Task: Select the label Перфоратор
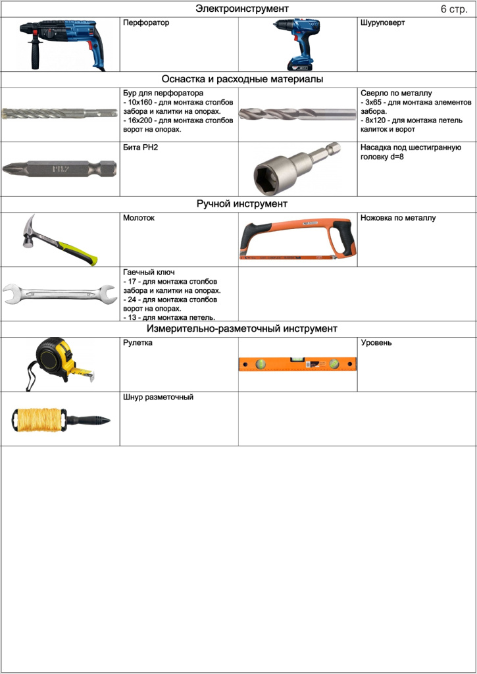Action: [x=146, y=23]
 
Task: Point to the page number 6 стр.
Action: [x=453, y=10]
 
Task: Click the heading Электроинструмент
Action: [x=242, y=9]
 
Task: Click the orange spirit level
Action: [x=297, y=364]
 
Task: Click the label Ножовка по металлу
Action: [x=398, y=218]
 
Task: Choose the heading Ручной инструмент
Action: [x=242, y=204]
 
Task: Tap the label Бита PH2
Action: [x=141, y=147]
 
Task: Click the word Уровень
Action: [x=376, y=343]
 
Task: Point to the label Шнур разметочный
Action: [x=158, y=398]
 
